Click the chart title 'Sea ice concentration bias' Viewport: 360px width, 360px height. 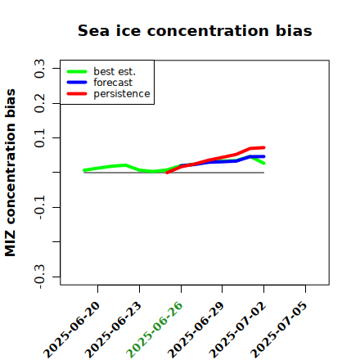pos(195,30)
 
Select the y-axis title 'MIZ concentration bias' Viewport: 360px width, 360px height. pos(11,173)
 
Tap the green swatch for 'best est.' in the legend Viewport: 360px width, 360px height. pos(77,72)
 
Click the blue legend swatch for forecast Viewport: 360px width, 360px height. pos(77,83)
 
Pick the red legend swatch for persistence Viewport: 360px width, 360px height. pos(77,94)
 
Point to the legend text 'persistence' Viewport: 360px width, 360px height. pos(122,94)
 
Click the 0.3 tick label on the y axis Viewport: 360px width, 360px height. pos(40,69)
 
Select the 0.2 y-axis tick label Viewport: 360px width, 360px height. pos(40,103)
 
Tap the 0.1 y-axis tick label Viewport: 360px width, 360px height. pos(40,138)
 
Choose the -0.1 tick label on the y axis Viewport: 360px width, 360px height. pos(40,207)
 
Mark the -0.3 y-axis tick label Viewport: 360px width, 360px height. pos(40,277)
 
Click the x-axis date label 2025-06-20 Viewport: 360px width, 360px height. pos(71,330)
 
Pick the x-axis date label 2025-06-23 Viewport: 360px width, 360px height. pos(113,330)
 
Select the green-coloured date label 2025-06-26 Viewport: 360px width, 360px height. pos(155,330)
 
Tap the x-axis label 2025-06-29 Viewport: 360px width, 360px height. pos(196,330)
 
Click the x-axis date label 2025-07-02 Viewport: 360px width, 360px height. pos(237,330)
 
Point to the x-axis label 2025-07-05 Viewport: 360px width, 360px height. pos(279,330)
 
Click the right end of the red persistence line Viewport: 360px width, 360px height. pos(264,147)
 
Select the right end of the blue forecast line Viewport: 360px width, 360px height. pos(264,156)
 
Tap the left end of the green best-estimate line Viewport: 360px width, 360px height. pos(84,170)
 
